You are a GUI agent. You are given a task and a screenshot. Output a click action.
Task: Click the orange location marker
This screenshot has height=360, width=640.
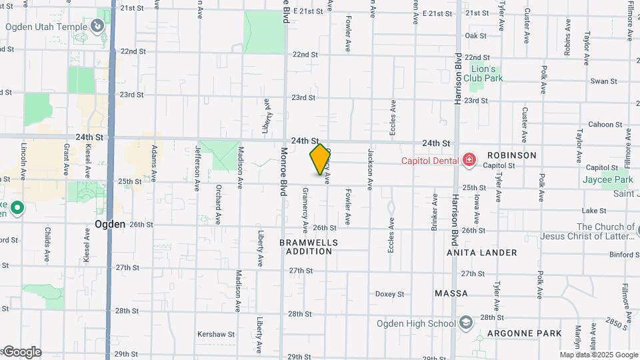point(320,159)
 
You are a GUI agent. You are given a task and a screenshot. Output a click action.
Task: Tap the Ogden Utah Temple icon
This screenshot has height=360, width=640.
point(97,27)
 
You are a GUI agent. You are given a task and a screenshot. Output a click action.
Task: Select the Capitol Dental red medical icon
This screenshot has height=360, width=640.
point(469,160)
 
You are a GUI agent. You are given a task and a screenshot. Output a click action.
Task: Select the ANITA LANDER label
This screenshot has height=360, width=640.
point(484,253)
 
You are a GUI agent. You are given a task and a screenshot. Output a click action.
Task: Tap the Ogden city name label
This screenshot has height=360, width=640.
point(110,224)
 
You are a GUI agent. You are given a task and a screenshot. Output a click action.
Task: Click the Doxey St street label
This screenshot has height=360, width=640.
point(390,293)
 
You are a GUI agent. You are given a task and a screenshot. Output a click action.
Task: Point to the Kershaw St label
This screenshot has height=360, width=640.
point(216,334)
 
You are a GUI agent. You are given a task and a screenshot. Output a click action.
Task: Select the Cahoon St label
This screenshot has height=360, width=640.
point(605,124)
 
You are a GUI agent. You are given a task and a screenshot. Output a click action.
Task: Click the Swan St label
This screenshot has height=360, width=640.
point(604,81)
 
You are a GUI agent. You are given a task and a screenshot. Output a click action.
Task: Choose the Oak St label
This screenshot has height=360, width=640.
point(475,35)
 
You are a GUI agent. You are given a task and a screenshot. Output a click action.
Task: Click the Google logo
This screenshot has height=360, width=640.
point(21,352)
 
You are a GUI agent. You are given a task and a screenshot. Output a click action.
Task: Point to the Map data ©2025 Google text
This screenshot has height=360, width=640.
point(599,355)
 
